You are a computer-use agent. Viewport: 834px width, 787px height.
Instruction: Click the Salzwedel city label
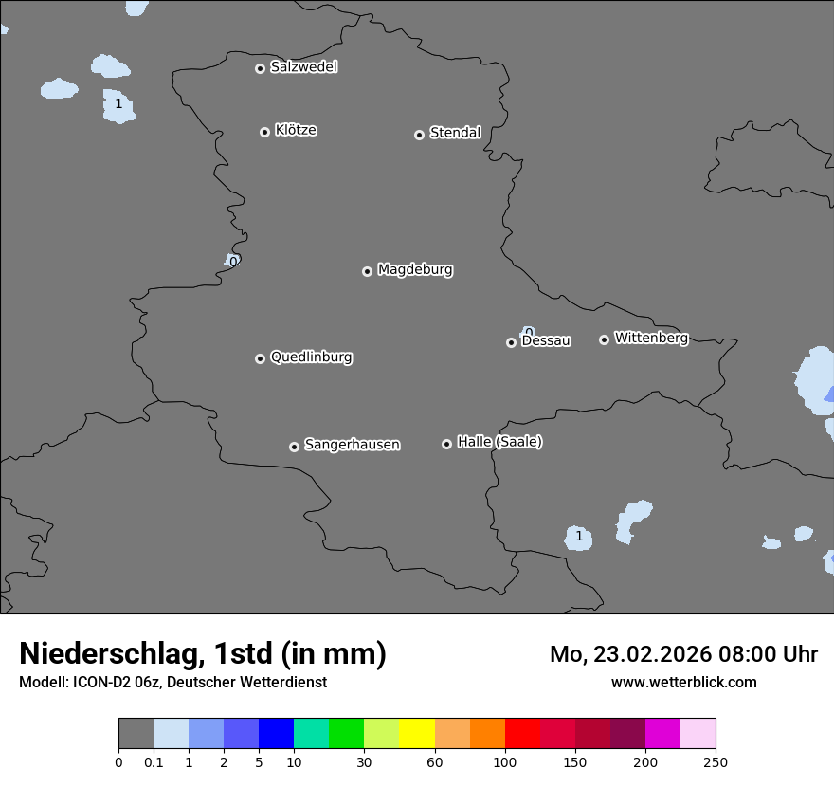303,67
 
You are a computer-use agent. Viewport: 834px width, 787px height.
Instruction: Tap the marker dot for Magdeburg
367,271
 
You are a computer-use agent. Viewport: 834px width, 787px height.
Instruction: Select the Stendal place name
455,133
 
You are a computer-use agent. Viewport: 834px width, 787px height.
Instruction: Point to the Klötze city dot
264,132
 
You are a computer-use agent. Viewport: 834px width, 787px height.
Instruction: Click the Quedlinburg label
311,357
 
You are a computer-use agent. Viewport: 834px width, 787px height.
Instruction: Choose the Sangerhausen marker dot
294,447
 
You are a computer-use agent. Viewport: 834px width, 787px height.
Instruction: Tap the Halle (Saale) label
499,442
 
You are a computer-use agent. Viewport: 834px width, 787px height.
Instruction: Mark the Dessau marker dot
511,342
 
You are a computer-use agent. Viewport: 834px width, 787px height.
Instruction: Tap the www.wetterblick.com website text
683,682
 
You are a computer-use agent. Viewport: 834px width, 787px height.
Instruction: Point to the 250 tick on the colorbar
716,761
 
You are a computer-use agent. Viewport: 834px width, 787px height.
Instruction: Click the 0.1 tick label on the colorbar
154,761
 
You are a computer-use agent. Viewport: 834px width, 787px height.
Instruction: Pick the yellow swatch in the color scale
417,734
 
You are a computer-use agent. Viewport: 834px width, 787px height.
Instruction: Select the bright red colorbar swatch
522,734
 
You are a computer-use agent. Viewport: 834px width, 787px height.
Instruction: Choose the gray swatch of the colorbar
136,734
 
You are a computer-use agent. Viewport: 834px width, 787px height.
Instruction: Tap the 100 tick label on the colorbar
504,761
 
